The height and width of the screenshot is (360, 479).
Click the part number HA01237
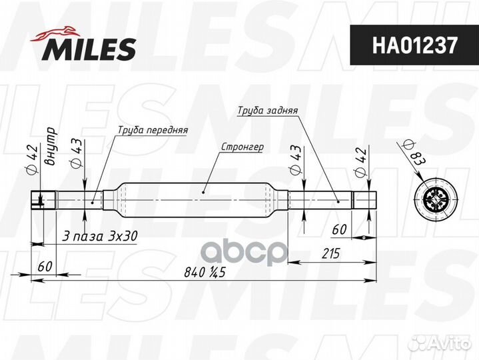414,45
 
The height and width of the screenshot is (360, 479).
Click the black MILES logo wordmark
89,49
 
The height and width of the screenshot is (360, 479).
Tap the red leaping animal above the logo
55,33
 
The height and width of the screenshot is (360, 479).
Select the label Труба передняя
153,130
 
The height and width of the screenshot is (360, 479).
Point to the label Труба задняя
268,110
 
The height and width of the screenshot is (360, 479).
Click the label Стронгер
242,147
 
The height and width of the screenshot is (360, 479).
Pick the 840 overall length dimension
205,272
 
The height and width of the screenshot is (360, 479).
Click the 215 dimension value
330,253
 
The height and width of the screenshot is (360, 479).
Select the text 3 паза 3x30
99,236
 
